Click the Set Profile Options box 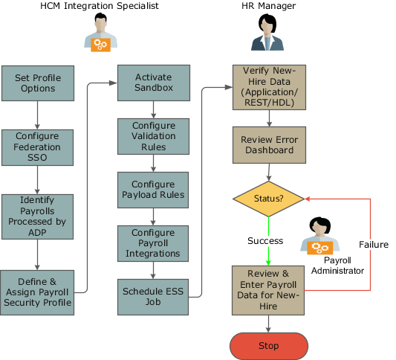38,83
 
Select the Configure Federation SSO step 38,147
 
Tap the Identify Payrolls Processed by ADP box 38,216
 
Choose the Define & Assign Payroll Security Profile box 38,292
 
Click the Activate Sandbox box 154,83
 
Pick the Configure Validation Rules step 154,136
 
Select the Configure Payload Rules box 154,190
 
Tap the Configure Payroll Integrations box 154,243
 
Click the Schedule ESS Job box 154,296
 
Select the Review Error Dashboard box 269,145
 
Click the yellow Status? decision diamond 269,199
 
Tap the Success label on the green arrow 265,241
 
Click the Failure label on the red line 373,244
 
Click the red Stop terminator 268,346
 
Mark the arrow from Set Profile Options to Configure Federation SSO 38,115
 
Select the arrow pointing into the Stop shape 269,324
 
